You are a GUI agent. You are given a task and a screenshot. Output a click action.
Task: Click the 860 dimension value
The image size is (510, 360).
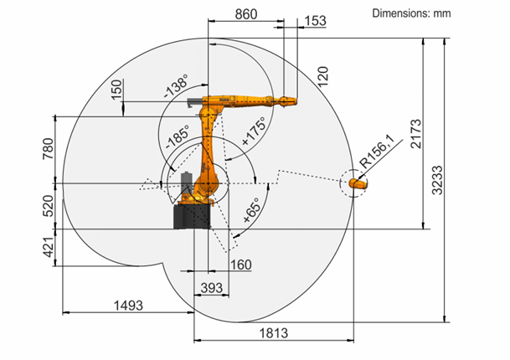246,14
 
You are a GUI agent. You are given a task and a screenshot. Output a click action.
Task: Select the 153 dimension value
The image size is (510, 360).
315,21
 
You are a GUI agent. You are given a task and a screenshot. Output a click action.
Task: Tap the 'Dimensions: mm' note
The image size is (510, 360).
411,13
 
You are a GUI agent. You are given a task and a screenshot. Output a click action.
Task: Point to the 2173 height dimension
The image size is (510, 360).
415,134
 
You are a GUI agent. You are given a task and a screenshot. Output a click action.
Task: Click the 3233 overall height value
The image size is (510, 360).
437,180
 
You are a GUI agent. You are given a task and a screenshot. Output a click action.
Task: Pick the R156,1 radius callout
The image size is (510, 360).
377,152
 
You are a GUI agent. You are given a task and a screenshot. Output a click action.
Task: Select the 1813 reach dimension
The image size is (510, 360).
274,333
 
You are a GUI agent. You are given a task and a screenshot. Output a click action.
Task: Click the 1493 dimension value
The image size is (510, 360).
128,306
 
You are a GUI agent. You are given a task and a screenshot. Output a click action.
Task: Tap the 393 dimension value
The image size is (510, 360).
211,288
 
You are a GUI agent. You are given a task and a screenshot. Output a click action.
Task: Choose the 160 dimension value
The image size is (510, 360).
240,265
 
